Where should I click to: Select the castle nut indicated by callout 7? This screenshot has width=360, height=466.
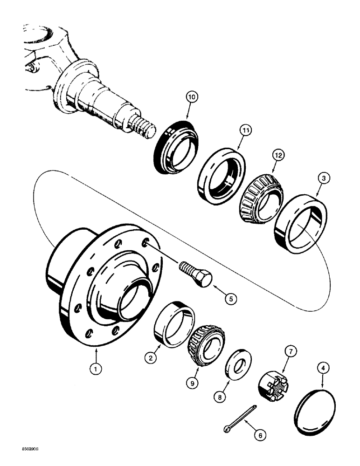[x=270, y=385]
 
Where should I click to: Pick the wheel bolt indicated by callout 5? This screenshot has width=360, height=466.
[x=195, y=274]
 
